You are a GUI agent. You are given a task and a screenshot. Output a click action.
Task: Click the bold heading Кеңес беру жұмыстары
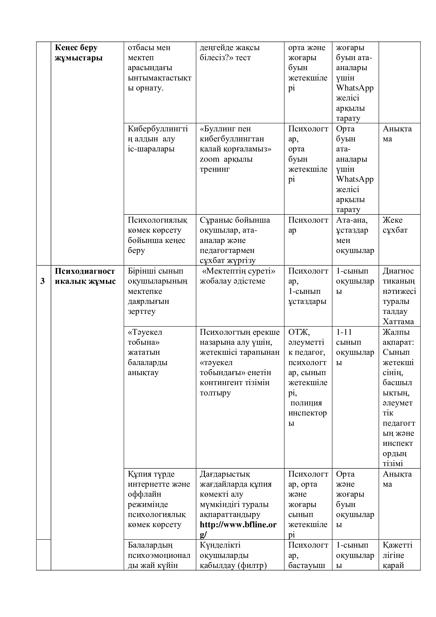click(x=79, y=53)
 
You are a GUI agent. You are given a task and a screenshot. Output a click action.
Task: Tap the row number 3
click(x=42, y=281)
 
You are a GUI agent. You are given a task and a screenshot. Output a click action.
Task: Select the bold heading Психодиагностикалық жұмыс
click(x=85, y=276)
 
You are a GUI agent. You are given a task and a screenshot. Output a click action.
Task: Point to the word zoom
click(x=209, y=159)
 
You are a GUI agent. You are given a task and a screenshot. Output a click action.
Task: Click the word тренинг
click(x=215, y=169)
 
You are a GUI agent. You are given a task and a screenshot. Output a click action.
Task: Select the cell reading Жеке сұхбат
click(x=395, y=225)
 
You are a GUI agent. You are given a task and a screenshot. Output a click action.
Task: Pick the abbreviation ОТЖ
click(x=299, y=332)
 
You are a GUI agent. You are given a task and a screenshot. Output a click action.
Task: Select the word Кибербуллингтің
click(x=158, y=134)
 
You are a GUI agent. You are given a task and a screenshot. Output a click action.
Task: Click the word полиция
click(x=306, y=403)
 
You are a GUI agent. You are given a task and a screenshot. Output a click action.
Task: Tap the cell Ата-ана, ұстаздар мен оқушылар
click(x=355, y=235)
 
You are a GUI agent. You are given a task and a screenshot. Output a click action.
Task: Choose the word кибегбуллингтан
click(x=232, y=139)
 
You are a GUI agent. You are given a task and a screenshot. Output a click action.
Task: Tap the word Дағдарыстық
click(x=225, y=474)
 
